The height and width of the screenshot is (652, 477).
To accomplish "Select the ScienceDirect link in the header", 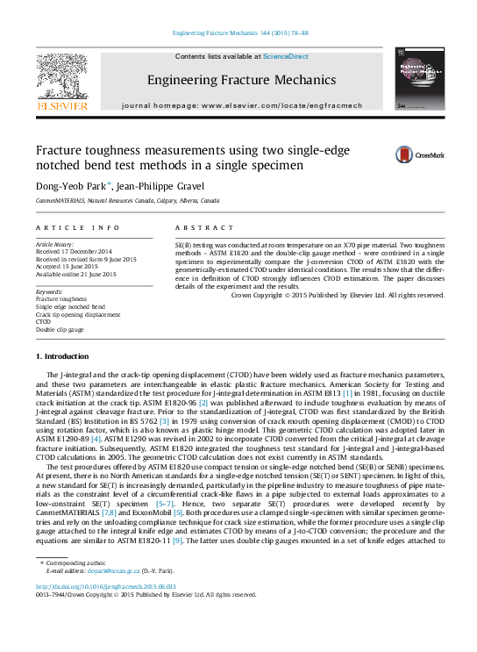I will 286,56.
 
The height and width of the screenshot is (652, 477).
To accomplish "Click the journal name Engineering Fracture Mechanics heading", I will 241,80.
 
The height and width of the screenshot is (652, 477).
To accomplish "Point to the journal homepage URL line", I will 241,104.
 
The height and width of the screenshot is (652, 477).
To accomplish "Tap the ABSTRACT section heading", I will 204,227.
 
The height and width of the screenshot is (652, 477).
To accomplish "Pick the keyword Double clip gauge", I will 60,329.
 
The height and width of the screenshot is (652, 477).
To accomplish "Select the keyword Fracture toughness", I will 61,299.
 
